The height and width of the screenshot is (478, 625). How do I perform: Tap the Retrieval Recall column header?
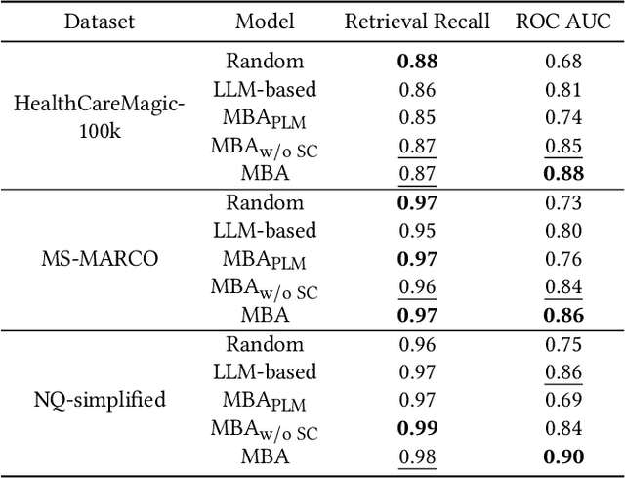417,22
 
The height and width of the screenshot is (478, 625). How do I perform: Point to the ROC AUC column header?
563,22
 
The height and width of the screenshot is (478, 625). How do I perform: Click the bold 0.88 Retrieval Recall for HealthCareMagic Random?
417,61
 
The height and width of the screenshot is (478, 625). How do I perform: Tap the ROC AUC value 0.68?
563,61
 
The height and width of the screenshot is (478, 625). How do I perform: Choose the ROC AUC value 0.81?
563,89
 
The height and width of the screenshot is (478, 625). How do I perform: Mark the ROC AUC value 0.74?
563,117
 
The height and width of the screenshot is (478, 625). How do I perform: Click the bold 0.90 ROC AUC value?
563,456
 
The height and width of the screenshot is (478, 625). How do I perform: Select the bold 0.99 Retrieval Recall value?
417,428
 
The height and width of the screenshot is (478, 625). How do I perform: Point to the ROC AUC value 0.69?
563,400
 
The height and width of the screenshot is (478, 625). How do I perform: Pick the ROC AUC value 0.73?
563,202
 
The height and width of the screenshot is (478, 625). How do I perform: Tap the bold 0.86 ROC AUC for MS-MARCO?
563,315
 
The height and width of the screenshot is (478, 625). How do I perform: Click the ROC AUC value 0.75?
563,344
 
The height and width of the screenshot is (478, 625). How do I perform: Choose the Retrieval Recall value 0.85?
417,117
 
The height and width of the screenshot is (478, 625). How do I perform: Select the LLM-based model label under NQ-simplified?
265,372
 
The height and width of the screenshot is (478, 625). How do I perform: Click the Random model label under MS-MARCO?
265,202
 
